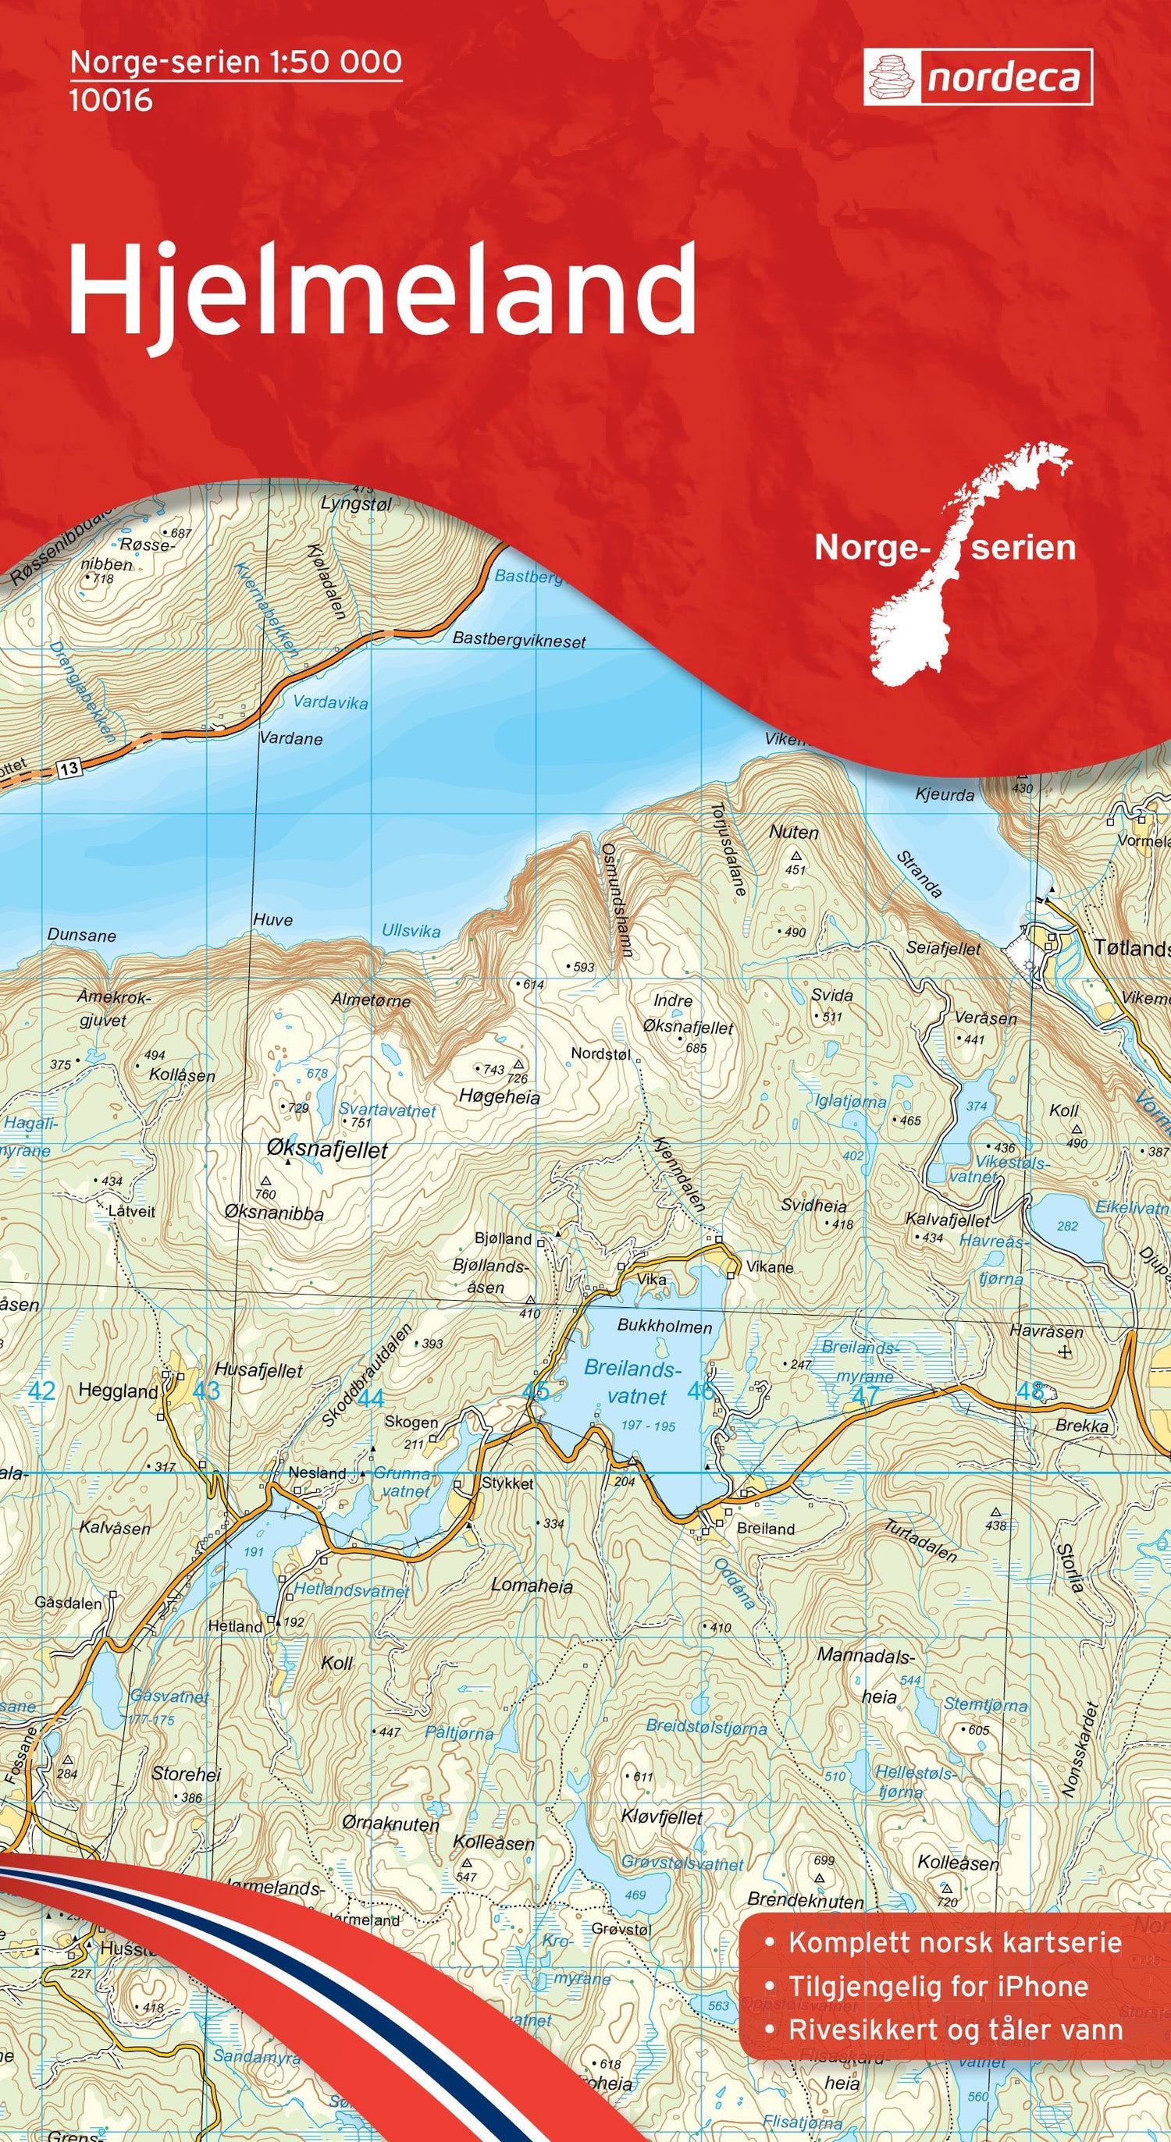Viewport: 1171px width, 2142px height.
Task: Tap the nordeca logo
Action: (x=977, y=78)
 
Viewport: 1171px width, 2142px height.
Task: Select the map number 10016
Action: (x=111, y=101)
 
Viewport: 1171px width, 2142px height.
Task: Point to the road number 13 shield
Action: (x=69, y=769)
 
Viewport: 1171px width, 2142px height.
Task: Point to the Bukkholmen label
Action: (x=664, y=1327)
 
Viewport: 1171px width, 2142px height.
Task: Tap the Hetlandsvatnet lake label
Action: (x=352, y=1592)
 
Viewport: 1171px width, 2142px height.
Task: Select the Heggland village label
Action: (x=117, y=1392)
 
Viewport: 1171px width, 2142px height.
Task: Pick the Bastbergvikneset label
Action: (x=519, y=641)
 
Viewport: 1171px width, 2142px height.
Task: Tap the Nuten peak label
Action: (x=793, y=833)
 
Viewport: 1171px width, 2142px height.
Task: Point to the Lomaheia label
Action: (x=532, y=1586)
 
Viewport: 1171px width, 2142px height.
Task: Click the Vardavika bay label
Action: (x=330, y=702)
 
